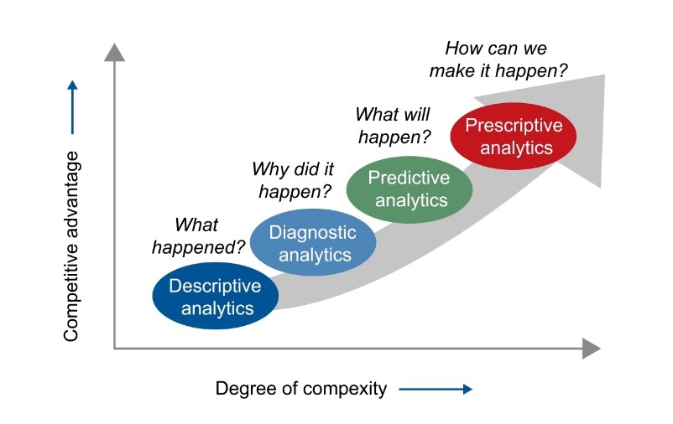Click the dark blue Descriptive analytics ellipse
[215, 297]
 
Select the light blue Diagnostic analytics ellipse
[312, 243]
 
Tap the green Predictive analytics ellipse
[410, 189]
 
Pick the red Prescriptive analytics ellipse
[514, 136]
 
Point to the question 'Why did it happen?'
[288, 180]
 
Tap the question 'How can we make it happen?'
[496, 59]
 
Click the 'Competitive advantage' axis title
[72, 246]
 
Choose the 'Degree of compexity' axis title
[301, 389]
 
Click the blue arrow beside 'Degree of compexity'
[436, 389]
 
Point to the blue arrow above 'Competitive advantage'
[72, 106]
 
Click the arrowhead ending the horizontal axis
[591, 349]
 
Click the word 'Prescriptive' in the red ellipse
[514, 126]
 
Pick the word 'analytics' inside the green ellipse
[411, 200]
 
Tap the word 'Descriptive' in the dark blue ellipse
[215, 287]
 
